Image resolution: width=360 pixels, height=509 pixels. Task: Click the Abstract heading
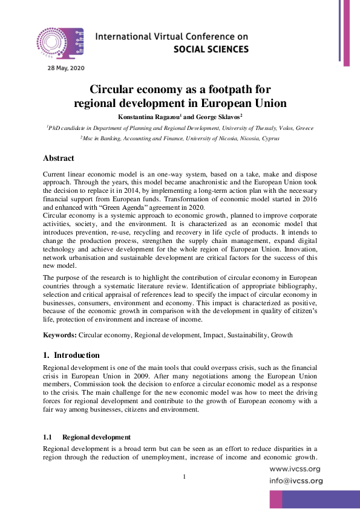tap(59, 158)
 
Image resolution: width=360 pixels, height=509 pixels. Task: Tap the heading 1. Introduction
tap(71, 355)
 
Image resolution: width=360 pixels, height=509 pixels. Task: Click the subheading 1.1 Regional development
tap(87, 436)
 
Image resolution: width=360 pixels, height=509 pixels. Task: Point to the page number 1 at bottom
tap(185, 478)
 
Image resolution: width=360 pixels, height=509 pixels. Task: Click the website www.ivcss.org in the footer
tap(295, 468)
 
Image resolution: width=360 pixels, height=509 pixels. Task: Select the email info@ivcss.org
tap(295, 481)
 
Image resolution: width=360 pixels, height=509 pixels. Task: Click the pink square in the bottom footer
tap(276, 499)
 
